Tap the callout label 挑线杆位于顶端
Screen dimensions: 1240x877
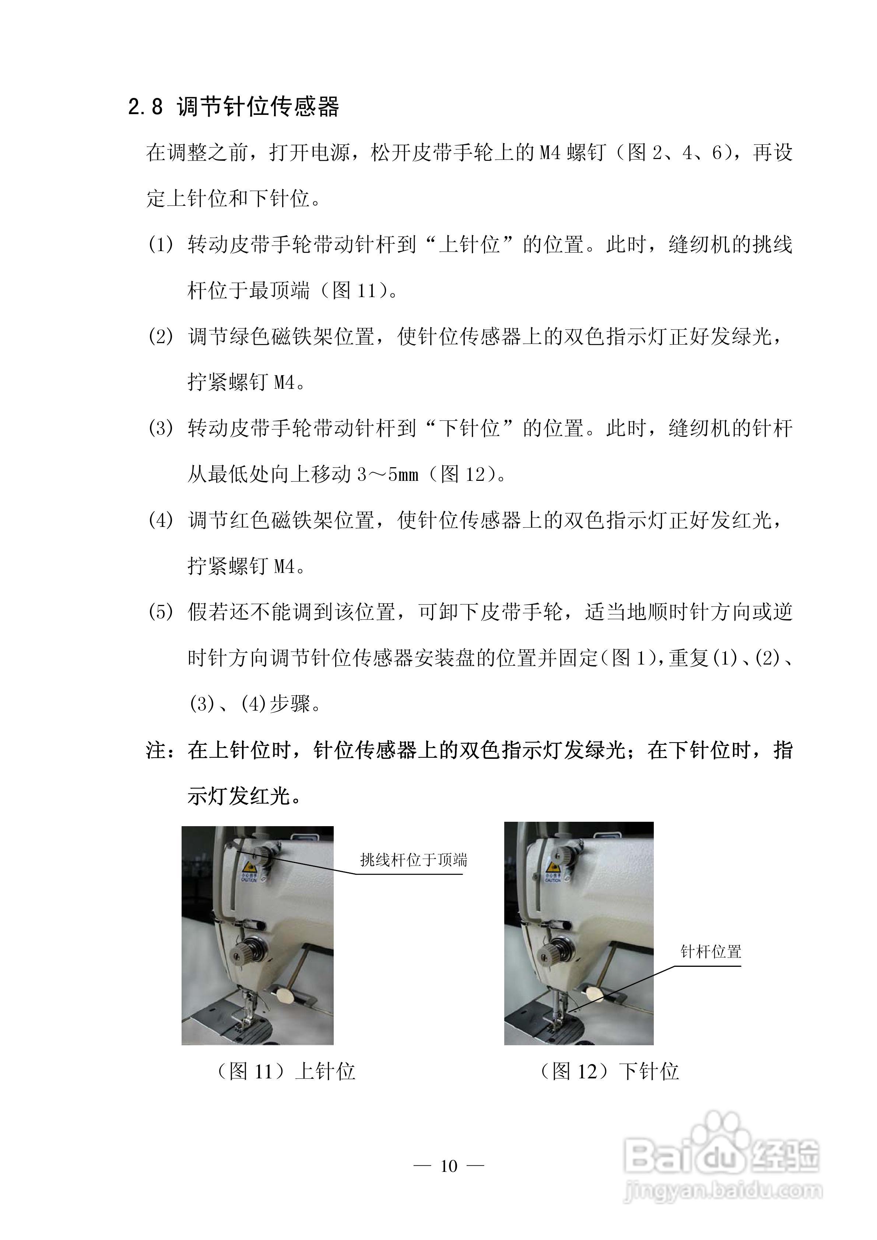[x=413, y=860]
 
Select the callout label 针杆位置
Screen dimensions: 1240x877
[x=711, y=952]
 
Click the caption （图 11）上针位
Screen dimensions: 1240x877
[x=286, y=1071]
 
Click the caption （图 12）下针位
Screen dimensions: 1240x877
[x=609, y=1071]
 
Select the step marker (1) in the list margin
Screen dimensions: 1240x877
[x=161, y=245]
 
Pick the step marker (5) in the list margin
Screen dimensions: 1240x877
[x=161, y=612]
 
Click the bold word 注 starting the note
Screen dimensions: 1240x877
[x=156, y=750]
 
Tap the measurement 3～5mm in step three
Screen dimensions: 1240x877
[x=387, y=474]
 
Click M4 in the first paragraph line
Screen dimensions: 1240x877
[x=551, y=153]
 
